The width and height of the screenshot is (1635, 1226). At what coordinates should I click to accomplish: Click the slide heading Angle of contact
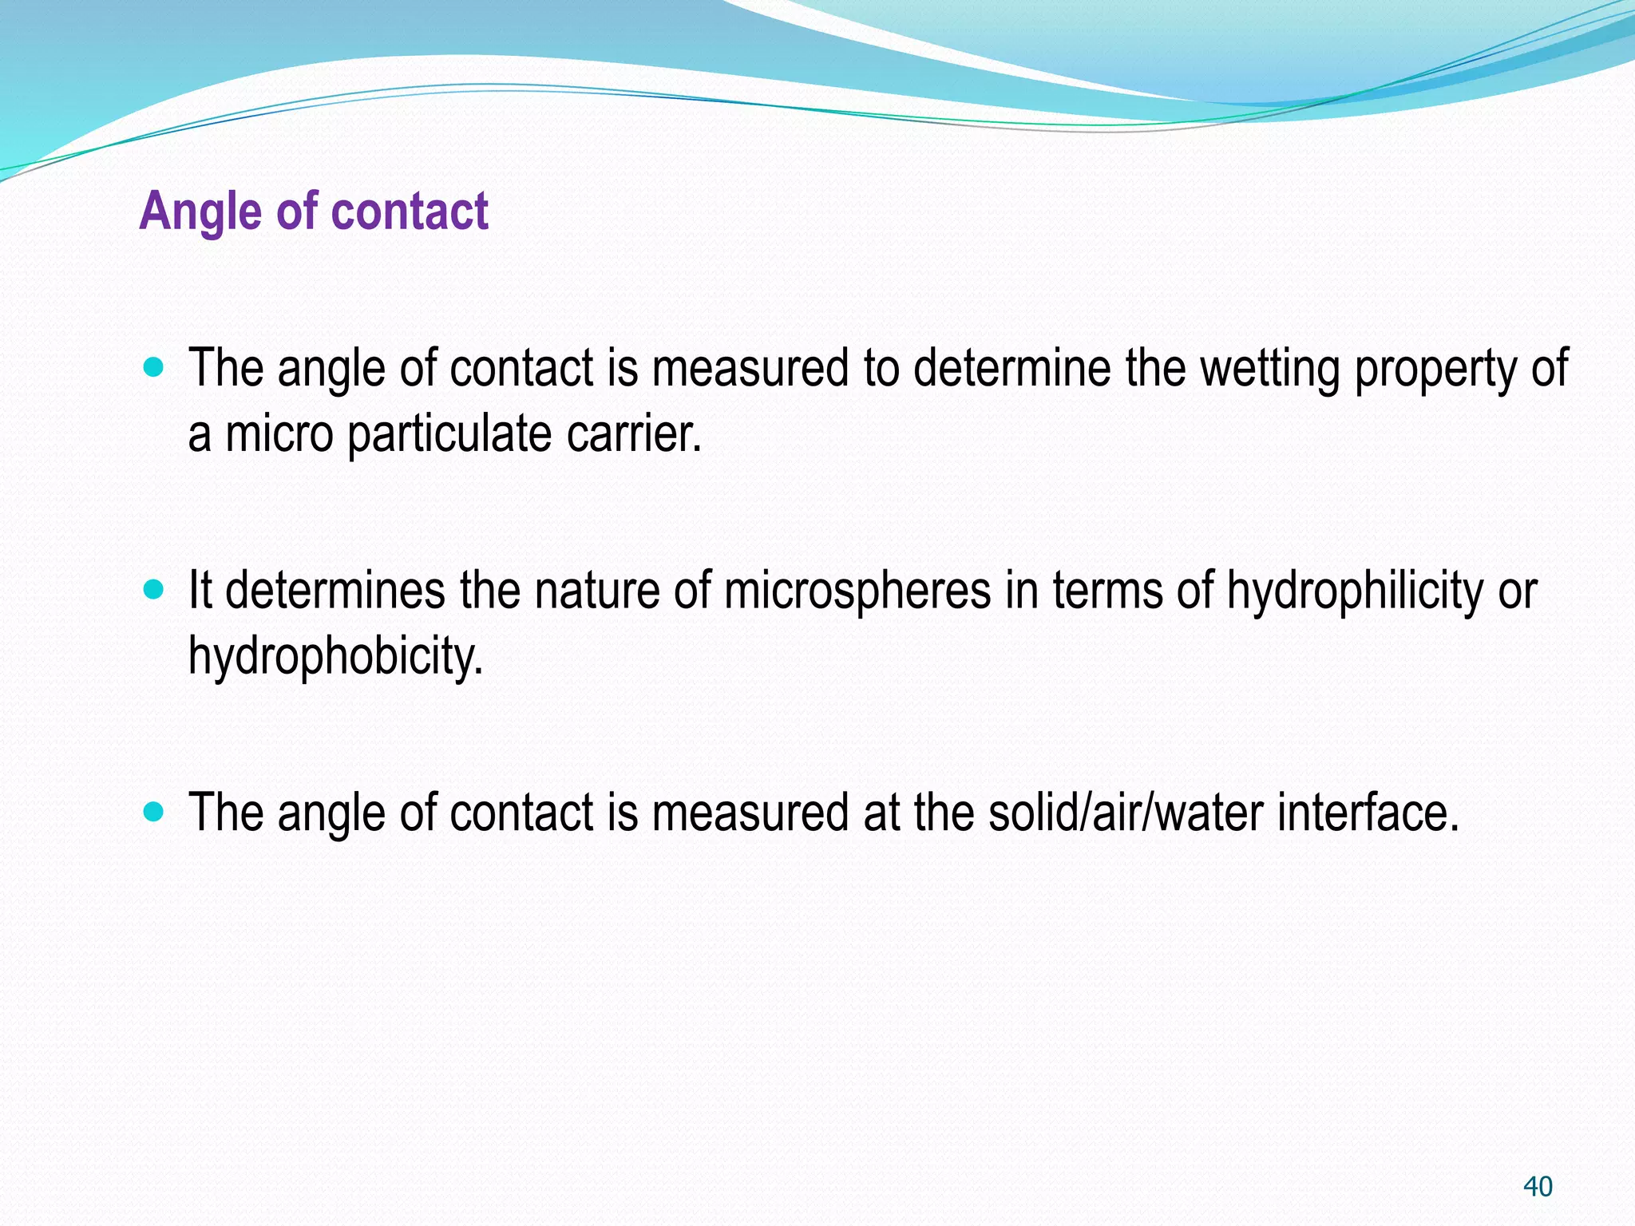coord(314,212)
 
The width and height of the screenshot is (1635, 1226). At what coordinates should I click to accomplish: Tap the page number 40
coord(1538,1186)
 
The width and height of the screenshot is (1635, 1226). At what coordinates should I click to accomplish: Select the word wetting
coord(1270,369)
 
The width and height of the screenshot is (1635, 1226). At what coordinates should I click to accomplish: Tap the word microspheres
coord(857,592)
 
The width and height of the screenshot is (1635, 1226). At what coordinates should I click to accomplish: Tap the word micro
coord(279,434)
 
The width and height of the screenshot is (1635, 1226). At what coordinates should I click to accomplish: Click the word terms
coord(1107,591)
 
